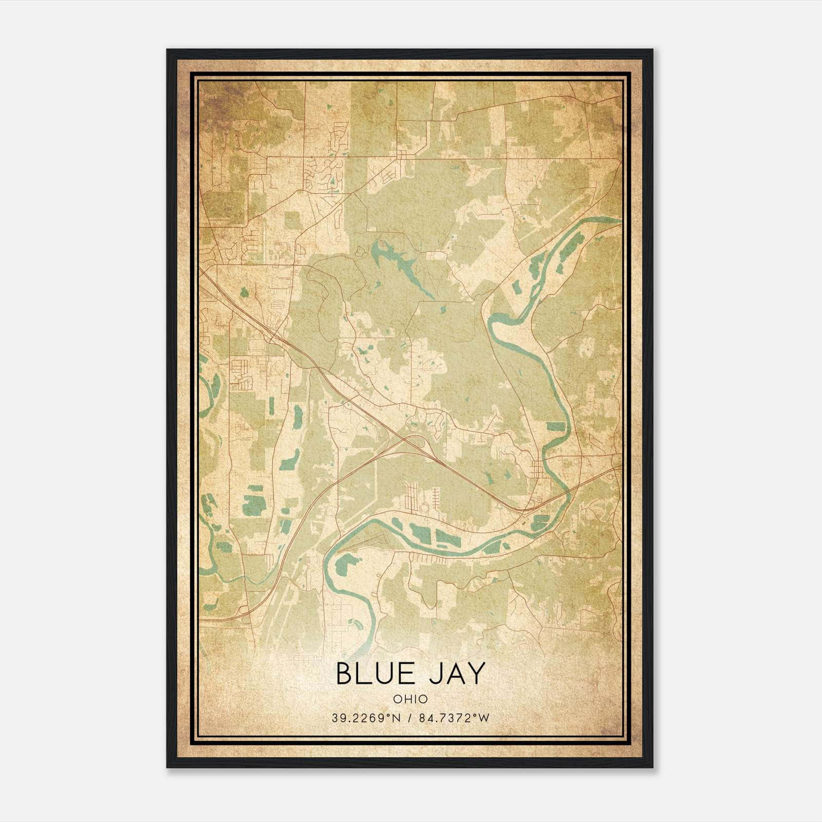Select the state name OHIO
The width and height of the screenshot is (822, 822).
tap(410, 699)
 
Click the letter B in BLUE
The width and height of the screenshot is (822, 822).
tap(344, 674)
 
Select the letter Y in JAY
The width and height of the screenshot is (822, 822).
tap(477, 674)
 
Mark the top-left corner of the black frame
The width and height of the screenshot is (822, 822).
tap(167, 50)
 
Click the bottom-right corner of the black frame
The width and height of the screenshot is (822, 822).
tap(652, 767)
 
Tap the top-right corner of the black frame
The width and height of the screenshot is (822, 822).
tap(652, 50)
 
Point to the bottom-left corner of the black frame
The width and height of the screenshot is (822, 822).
tap(167, 767)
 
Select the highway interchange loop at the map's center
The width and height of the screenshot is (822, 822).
tap(414, 442)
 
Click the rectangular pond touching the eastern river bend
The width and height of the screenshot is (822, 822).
tap(555, 426)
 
